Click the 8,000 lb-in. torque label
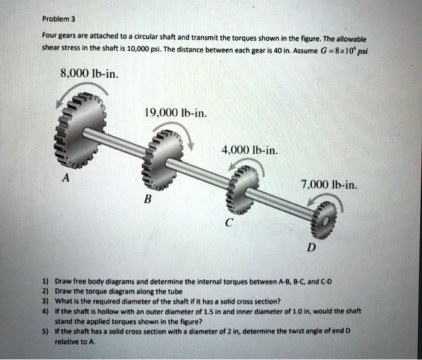[x=90, y=75]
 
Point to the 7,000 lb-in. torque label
[x=329, y=185]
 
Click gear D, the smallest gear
[x=323, y=221]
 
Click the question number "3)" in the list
[x=46, y=300]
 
